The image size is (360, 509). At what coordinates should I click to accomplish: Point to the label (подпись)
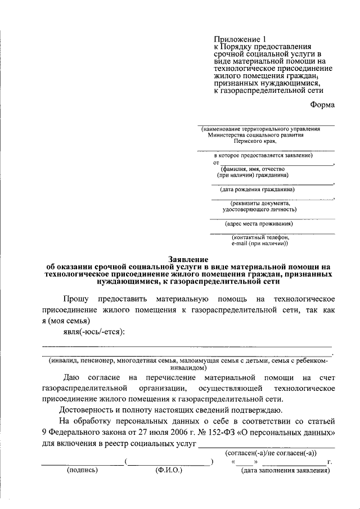click(x=82, y=470)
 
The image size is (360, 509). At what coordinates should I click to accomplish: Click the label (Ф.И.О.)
click(x=169, y=470)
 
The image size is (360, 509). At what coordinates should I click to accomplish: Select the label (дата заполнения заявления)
click(x=285, y=470)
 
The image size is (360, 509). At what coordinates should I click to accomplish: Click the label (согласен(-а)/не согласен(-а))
click(x=271, y=453)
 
